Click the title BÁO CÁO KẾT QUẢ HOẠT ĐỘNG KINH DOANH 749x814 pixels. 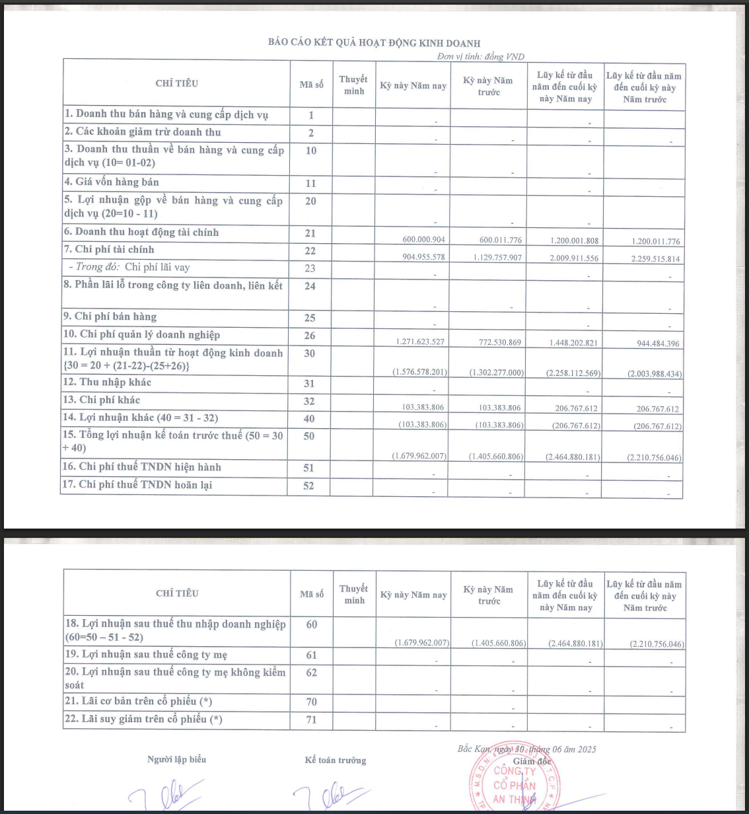tap(374, 43)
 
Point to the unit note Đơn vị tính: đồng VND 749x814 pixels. tap(480, 57)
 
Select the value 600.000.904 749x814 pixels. tap(423, 240)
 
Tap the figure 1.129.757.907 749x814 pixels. tap(497, 258)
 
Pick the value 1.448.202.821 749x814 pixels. tap(573, 343)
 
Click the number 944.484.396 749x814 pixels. tap(654, 344)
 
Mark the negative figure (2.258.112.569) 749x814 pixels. tap(573, 373)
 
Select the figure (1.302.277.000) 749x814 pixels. tap(497, 373)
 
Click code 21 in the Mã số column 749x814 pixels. tap(310, 233)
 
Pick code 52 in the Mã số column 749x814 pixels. tap(308, 486)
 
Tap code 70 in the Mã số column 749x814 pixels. tap(311, 702)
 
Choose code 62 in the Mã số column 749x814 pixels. tap(311, 673)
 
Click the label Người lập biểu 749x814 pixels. tap(176, 760)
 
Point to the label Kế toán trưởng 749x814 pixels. tap(335, 760)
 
